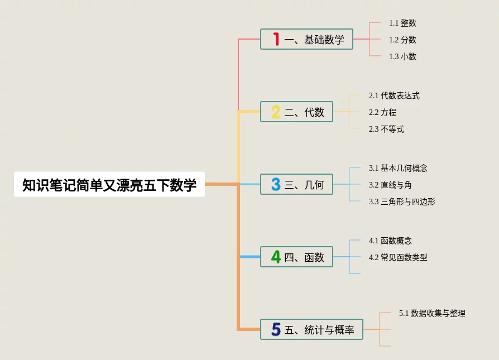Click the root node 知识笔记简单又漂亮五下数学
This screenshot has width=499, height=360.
click(x=109, y=185)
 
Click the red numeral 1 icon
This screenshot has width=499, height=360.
click(x=276, y=39)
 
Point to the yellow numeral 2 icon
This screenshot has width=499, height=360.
click(x=276, y=112)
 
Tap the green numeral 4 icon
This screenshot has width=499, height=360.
click(x=276, y=257)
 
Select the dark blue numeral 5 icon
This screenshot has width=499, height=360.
click(x=276, y=330)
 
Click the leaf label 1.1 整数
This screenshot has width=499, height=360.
click(x=402, y=23)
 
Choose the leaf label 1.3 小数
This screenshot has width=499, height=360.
click(x=402, y=56)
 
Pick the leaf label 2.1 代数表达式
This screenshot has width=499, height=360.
click(x=394, y=95)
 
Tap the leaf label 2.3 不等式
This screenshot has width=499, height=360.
click(x=386, y=129)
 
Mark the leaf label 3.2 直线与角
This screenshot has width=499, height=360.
click(x=390, y=185)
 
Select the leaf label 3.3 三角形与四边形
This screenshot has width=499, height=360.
click(x=402, y=201)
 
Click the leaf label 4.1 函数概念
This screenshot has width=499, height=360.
click(x=390, y=241)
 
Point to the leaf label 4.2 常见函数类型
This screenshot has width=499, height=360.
click(x=398, y=257)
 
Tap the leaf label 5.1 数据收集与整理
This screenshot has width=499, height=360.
click(x=432, y=313)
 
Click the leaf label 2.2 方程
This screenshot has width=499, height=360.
click(x=382, y=112)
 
